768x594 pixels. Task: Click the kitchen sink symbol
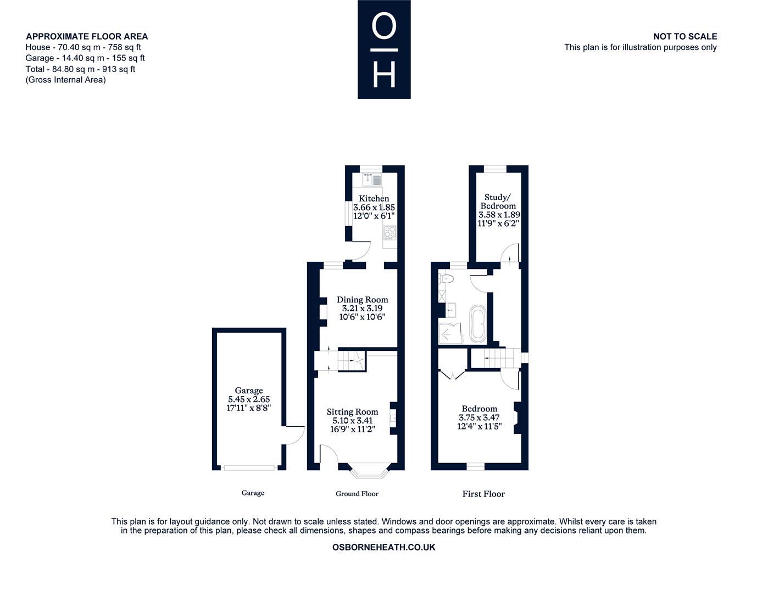coord(372,179)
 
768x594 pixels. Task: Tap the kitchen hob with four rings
coord(390,233)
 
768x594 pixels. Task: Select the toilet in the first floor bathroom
coord(446,279)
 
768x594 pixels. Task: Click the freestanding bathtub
coord(478,323)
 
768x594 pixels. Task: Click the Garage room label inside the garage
coord(249,390)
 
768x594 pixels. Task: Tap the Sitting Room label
coord(352,411)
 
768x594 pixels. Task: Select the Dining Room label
coord(362,299)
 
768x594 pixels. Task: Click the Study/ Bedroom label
coord(498,201)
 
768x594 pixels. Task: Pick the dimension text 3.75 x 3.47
coord(479,417)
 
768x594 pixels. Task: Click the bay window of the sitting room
coord(369,471)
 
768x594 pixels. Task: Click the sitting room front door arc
coord(329,454)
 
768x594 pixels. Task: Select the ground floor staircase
coord(351,360)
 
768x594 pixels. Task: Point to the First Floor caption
coord(483,494)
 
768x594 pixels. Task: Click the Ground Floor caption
coord(357,494)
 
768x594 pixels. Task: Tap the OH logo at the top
coord(384,50)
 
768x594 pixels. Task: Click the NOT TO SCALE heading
coord(685,36)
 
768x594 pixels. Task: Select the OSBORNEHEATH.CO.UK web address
coord(384,547)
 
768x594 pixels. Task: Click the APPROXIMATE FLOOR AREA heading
coord(87,36)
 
